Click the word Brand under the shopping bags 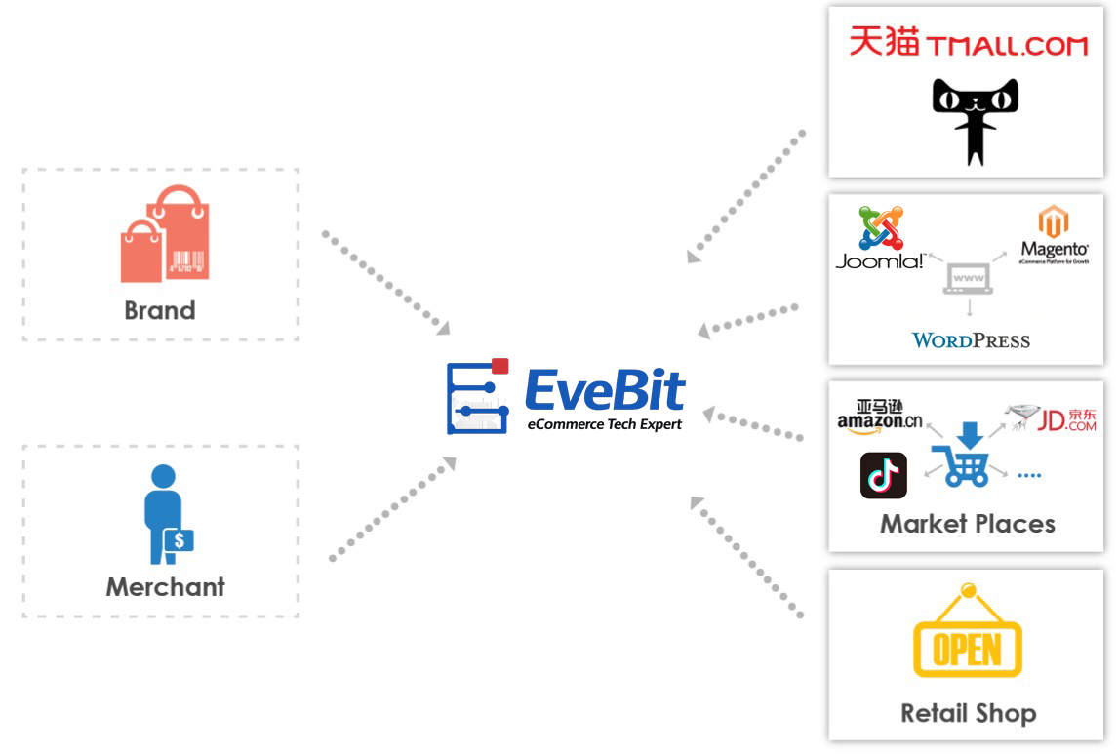point(160,310)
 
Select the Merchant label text point(165,586)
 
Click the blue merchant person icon point(167,514)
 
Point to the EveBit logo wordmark point(605,389)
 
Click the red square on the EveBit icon point(500,367)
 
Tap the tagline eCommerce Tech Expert point(605,424)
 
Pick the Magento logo point(1055,235)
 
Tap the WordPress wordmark point(971,340)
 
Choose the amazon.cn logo point(879,417)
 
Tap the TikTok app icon point(884,476)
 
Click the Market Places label point(968,524)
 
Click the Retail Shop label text point(968,713)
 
